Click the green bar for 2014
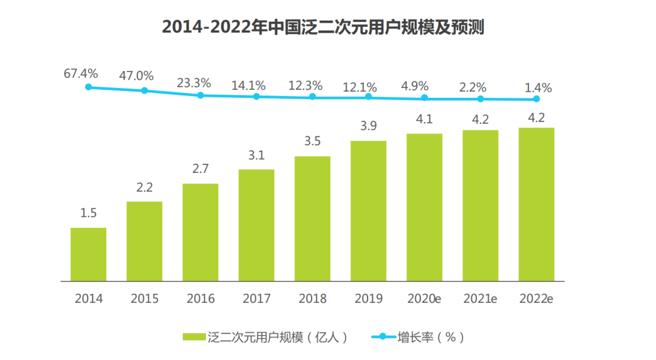pos(88,254)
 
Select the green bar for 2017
pos(256,225)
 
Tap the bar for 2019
pos(368,211)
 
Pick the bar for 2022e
pos(536,205)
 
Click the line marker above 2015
pos(145,90)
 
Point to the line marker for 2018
pos(313,97)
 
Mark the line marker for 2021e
pos(480,99)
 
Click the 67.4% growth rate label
pos(81,74)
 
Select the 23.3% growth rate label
pos(194,83)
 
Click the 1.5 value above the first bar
pos(88,213)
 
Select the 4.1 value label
pos(424,120)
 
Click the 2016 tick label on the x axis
pos(200,299)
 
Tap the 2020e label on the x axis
pos(424,299)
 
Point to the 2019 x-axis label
pos(368,299)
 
